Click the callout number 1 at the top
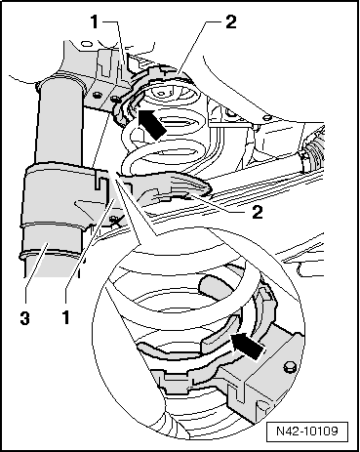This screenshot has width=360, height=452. pos(94,22)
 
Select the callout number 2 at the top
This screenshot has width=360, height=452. pos(230,22)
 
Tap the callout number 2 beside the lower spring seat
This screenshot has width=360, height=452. pos(257,212)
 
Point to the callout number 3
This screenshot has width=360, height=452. pos(24,317)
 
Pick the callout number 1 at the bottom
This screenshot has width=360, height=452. pos(66,317)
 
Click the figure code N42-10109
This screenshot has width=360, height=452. pos(307,431)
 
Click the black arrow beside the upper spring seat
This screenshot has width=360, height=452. pos(150,124)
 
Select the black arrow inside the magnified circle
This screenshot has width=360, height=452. pos(247,346)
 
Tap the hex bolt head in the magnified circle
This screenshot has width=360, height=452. pos(289,367)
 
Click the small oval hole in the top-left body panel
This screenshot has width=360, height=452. pos(86,44)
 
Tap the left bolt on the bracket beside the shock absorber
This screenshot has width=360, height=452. pos(96,96)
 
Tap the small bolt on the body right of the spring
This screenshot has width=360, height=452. pos(266,117)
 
